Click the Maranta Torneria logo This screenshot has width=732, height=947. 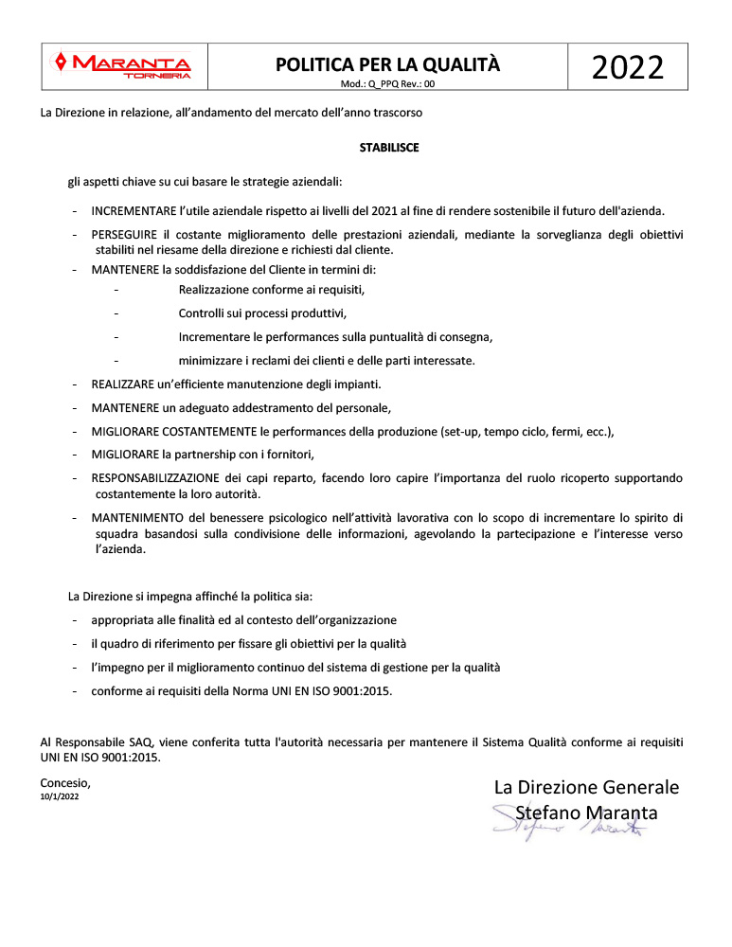tap(124, 65)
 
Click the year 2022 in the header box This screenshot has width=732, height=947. tap(627, 68)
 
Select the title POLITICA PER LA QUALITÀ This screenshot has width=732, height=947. tap(387, 64)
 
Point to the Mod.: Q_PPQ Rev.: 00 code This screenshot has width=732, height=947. tap(387, 84)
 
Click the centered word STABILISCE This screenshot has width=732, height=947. tap(388, 148)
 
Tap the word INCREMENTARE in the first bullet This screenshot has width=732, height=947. tap(134, 210)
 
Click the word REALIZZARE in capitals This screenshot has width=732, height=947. tap(125, 384)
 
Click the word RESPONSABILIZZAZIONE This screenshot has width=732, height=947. tap(156, 478)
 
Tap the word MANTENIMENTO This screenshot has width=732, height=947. tap(137, 518)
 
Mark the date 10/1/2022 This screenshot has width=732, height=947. tap(60, 797)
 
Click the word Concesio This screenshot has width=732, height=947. tap(65, 782)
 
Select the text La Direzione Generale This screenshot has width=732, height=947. tap(586, 788)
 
